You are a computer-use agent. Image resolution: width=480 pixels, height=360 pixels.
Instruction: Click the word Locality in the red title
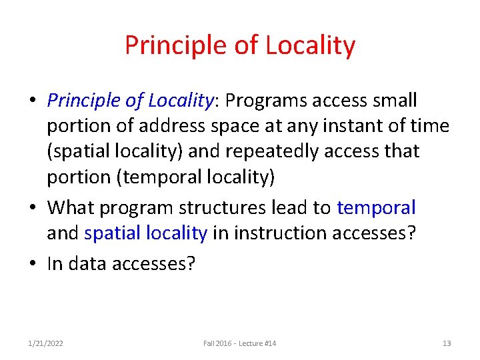310,45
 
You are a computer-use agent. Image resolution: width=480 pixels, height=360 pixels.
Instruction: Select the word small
395,101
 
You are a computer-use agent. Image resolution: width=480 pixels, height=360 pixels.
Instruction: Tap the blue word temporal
376,207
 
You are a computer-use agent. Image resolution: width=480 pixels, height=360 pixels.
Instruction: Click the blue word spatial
111,233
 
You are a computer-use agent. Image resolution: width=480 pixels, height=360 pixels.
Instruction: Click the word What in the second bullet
71,207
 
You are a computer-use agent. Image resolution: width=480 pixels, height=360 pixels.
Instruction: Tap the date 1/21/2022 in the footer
46,343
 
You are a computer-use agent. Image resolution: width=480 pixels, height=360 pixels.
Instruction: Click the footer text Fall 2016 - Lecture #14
240,343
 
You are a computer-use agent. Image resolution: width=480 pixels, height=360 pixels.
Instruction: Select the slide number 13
447,343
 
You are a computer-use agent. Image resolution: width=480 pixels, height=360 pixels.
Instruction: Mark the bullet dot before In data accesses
32,263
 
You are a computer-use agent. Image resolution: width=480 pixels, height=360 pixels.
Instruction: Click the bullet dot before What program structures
32,207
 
